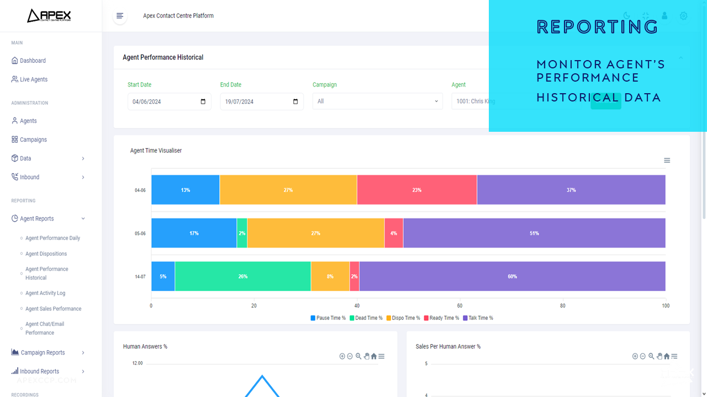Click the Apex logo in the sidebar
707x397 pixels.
pyautogui.click(x=49, y=15)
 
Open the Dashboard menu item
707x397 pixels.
pyautogui.click(x=33, y=61)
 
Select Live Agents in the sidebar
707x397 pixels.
pyautogui.click(x=34, y=79)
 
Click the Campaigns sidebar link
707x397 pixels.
pyautogui.click(x=33, y=140)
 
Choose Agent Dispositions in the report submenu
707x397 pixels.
pyautogui.click(x=46, y=254)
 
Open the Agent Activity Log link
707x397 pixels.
pyautogui.click(x=45, y=293)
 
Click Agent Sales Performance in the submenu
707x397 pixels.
pyautogui.click(x=53, y=309)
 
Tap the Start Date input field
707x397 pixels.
pyautogui.click(x=169, y=101)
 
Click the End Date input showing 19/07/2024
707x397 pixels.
pyautogui.click(x=261, y=101)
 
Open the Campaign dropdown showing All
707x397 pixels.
pyautogui.click(x=377, y=101)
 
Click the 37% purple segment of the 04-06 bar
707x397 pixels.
pyautogui.click(x=571, y=190)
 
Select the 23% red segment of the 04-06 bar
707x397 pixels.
pyautogui.click(x=416, y=190)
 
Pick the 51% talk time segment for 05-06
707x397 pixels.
pyautogui.click(x=534, y=233)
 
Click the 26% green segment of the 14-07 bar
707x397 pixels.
pyautogui.click(x=242, y=276)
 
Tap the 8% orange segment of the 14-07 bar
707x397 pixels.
pyautogui.click(x=330, y=276)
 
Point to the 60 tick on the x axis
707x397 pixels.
pyautogui.click(x=460, y=305)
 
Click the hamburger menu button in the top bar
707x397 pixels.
pyautogui.click(x=120, y=16)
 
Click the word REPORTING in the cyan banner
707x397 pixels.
pyautogui.click(x=597, y=26)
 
